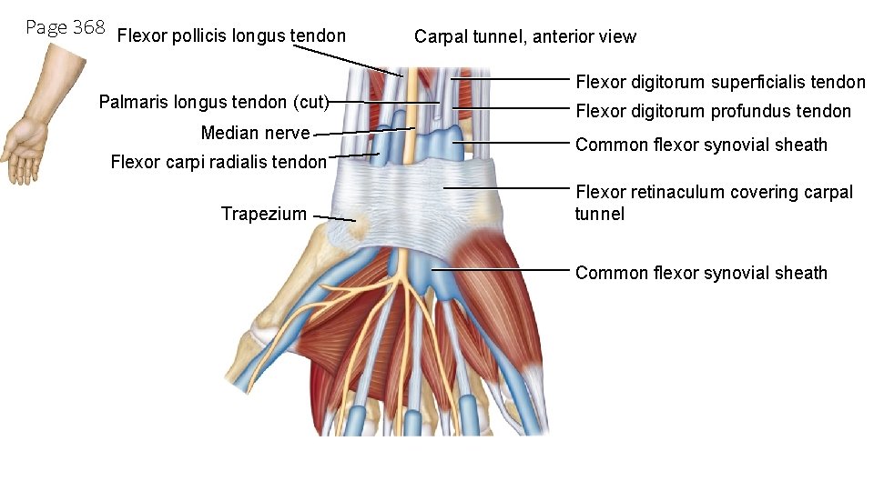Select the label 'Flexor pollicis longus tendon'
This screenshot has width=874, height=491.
coord(232,36)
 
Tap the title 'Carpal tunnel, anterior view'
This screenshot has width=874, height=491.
coord(524,37)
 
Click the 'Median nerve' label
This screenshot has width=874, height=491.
coord(255,134)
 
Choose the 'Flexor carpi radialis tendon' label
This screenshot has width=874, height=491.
coord(218,163)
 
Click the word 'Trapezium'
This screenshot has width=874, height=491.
coord(263,214)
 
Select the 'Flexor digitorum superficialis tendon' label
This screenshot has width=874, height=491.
coord(720,82)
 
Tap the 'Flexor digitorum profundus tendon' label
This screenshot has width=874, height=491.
coord(713,112)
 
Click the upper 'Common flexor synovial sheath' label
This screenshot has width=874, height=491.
coord(701,145)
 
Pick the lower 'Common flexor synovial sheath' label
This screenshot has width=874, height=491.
coord(701,273)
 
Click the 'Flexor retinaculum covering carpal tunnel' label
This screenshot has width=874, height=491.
coord(714,193)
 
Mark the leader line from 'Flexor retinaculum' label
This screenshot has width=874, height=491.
coord(510,187)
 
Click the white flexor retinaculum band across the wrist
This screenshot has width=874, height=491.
coord(410,195)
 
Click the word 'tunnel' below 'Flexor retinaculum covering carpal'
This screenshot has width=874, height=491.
coord(599,215)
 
